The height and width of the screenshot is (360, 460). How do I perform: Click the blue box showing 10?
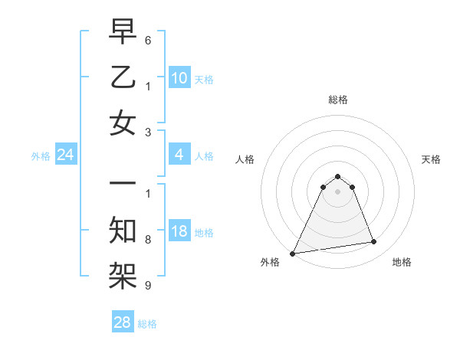tap(179, 77)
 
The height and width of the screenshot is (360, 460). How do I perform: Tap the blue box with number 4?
tap(179, 155)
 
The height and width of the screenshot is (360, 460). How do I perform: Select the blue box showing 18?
tap(179, 232)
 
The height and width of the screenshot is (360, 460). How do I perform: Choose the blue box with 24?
tap(65, 155)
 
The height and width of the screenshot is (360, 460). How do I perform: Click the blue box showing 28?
tap(123, 322)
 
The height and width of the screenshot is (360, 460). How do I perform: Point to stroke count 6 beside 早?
tap(148, 39)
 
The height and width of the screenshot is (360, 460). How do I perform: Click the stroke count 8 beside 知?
tap(148, 239)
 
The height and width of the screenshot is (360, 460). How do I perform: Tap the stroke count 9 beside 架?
tap(148, 286)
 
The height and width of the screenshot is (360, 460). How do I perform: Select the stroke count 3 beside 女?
tap(148, 132)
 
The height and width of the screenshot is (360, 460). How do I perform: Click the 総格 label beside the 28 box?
tap(147, 324)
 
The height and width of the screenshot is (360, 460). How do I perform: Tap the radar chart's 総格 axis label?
tap(337, 100)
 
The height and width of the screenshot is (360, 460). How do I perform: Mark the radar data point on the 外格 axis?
tap(293, 253)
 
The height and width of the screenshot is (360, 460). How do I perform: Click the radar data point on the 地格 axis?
tap(374, 242)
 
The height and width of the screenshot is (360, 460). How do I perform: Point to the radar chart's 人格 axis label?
tap(245, 159)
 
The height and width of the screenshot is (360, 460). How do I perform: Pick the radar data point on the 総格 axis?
tap(337, 175)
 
